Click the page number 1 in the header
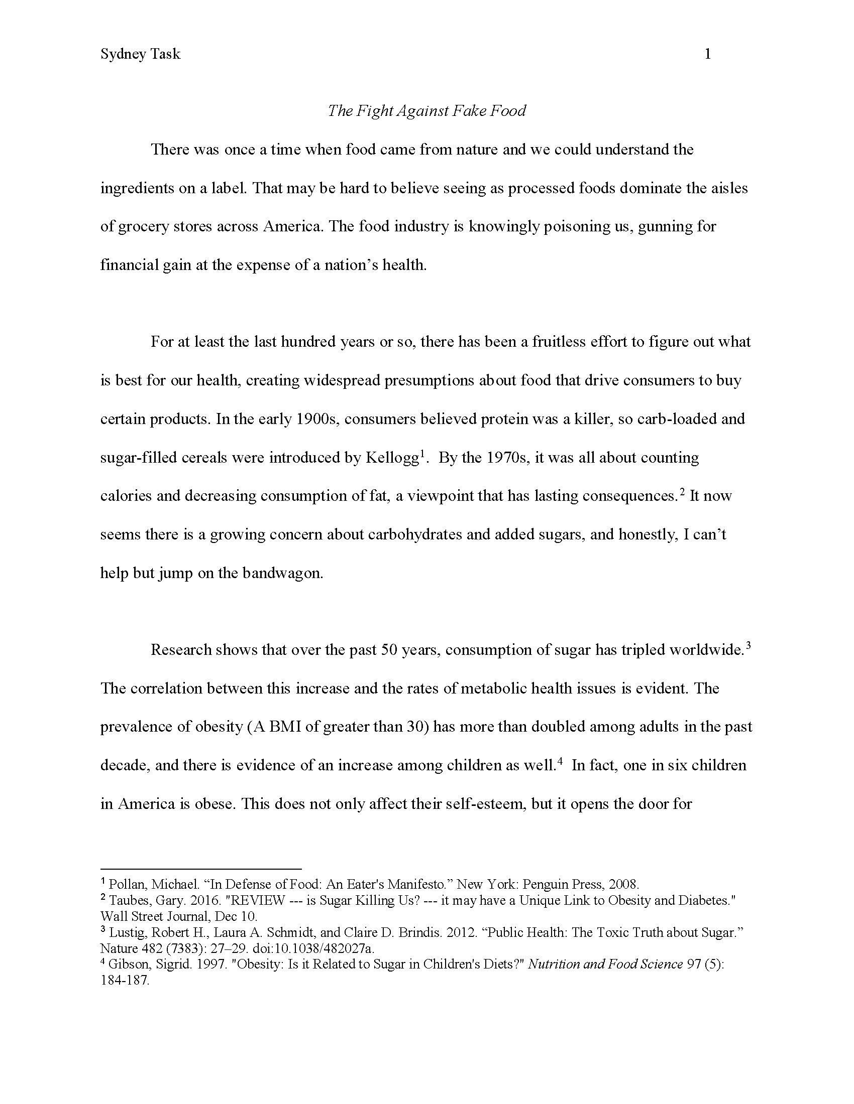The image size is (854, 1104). (x=707, y=54)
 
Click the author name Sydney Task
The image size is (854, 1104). (x=140, y=54)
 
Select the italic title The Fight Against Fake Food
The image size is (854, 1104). (x=426, y=111)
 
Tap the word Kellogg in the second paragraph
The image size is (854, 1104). (x=392, y=458)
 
